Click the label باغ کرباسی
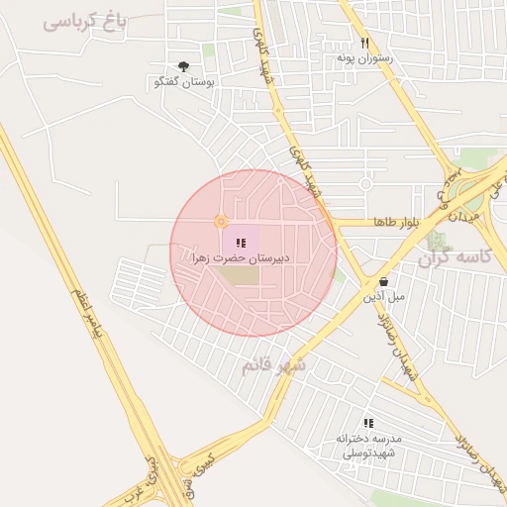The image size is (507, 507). [x=86, y=21]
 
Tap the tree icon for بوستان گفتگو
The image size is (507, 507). [x=183, y=66]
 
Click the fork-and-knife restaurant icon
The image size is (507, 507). [x=364, y=43]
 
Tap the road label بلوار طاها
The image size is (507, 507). [x=397, y=222]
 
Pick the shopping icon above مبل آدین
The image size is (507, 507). [x=383, y=281]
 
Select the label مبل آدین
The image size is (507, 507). [x=383, y=296]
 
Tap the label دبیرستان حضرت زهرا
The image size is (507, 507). [x=242, y=257]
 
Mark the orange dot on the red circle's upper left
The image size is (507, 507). [x=221, y=221]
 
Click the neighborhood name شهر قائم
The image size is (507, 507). [x=274, y=366]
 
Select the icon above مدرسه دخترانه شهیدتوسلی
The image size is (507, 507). [x=368, y=423]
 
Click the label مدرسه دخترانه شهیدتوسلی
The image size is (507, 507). [x=367, y=445]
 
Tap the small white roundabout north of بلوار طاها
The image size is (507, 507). [x=365, y=184]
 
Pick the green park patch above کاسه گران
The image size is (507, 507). [x=437, y=240]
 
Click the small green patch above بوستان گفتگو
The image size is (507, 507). [x=209, y=50]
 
